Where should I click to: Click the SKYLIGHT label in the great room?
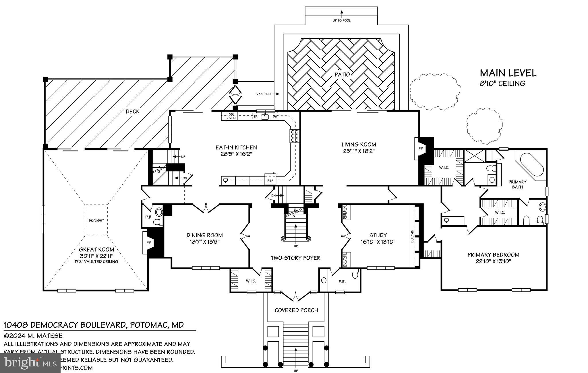tap(96, 220)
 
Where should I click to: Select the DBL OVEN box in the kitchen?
tap(231, 116)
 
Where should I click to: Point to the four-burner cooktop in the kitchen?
tap(295, 136)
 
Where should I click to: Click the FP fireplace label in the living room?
tap(421, 149)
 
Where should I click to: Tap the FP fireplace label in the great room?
tap(149, 242)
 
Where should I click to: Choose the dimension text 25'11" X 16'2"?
tap(359, 151)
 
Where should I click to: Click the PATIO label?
tap(342, 75)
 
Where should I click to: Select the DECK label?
tap(132, 112)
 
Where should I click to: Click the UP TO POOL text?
tap(341, 21)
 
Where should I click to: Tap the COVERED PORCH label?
tap(296, 310)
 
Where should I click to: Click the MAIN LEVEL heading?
tap(508, 73)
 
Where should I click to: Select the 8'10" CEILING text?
tap(502, 83)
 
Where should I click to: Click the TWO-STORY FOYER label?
tap(295, 258)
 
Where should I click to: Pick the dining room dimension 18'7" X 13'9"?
tap(204, 242)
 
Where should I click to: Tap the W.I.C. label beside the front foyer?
tap(251, 281)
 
